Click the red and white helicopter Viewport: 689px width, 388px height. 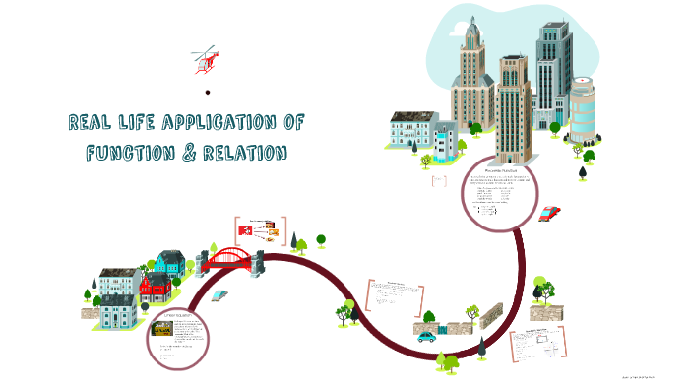click(x=206, y=60)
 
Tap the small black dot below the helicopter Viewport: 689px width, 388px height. click(x=208, y=94)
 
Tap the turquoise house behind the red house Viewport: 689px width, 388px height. click(x=168, y=263)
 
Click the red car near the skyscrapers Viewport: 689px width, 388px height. click(x=550, y=212)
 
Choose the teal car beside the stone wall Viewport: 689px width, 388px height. click(x=427, y=336)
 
